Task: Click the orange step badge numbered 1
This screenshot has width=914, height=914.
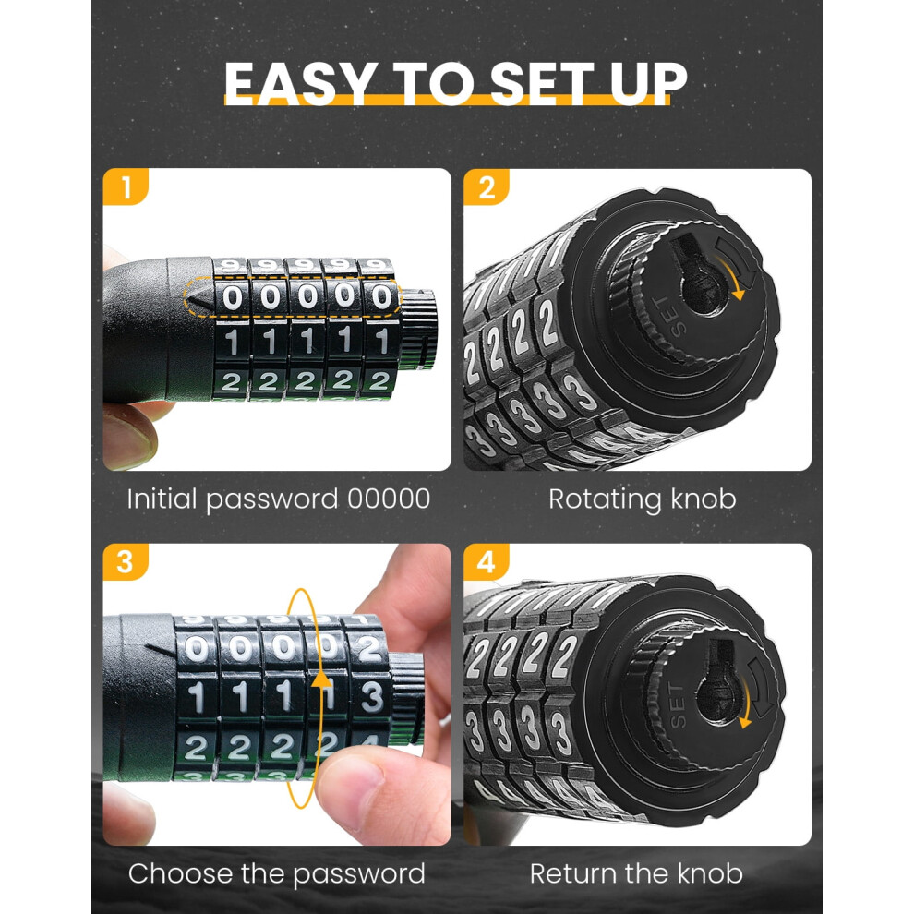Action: click(x=126, y=187)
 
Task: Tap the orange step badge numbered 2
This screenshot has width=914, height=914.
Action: click(x=487, y=187)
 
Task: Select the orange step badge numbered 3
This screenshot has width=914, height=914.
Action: click(x=126, y=562)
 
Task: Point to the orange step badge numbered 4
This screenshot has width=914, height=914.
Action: click(x=487, y=562)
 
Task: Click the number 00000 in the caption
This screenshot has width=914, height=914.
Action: click(x=389, y=499)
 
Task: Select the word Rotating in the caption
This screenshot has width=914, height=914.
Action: click(x=605, y=499)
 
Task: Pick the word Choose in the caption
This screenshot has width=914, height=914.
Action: click(x=180, y=873)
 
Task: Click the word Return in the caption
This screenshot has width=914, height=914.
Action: click(x=571, y=873)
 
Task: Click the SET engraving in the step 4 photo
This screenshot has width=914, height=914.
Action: click(x=678, y=706)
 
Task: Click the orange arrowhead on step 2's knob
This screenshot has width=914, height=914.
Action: click(x=739, y=294)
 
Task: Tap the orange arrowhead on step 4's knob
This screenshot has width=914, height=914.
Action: click(x=744, y=723)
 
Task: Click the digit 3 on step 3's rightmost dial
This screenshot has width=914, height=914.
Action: click(x=372, y=696)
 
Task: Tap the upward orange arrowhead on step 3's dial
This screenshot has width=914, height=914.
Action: click(x=319, y=679)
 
